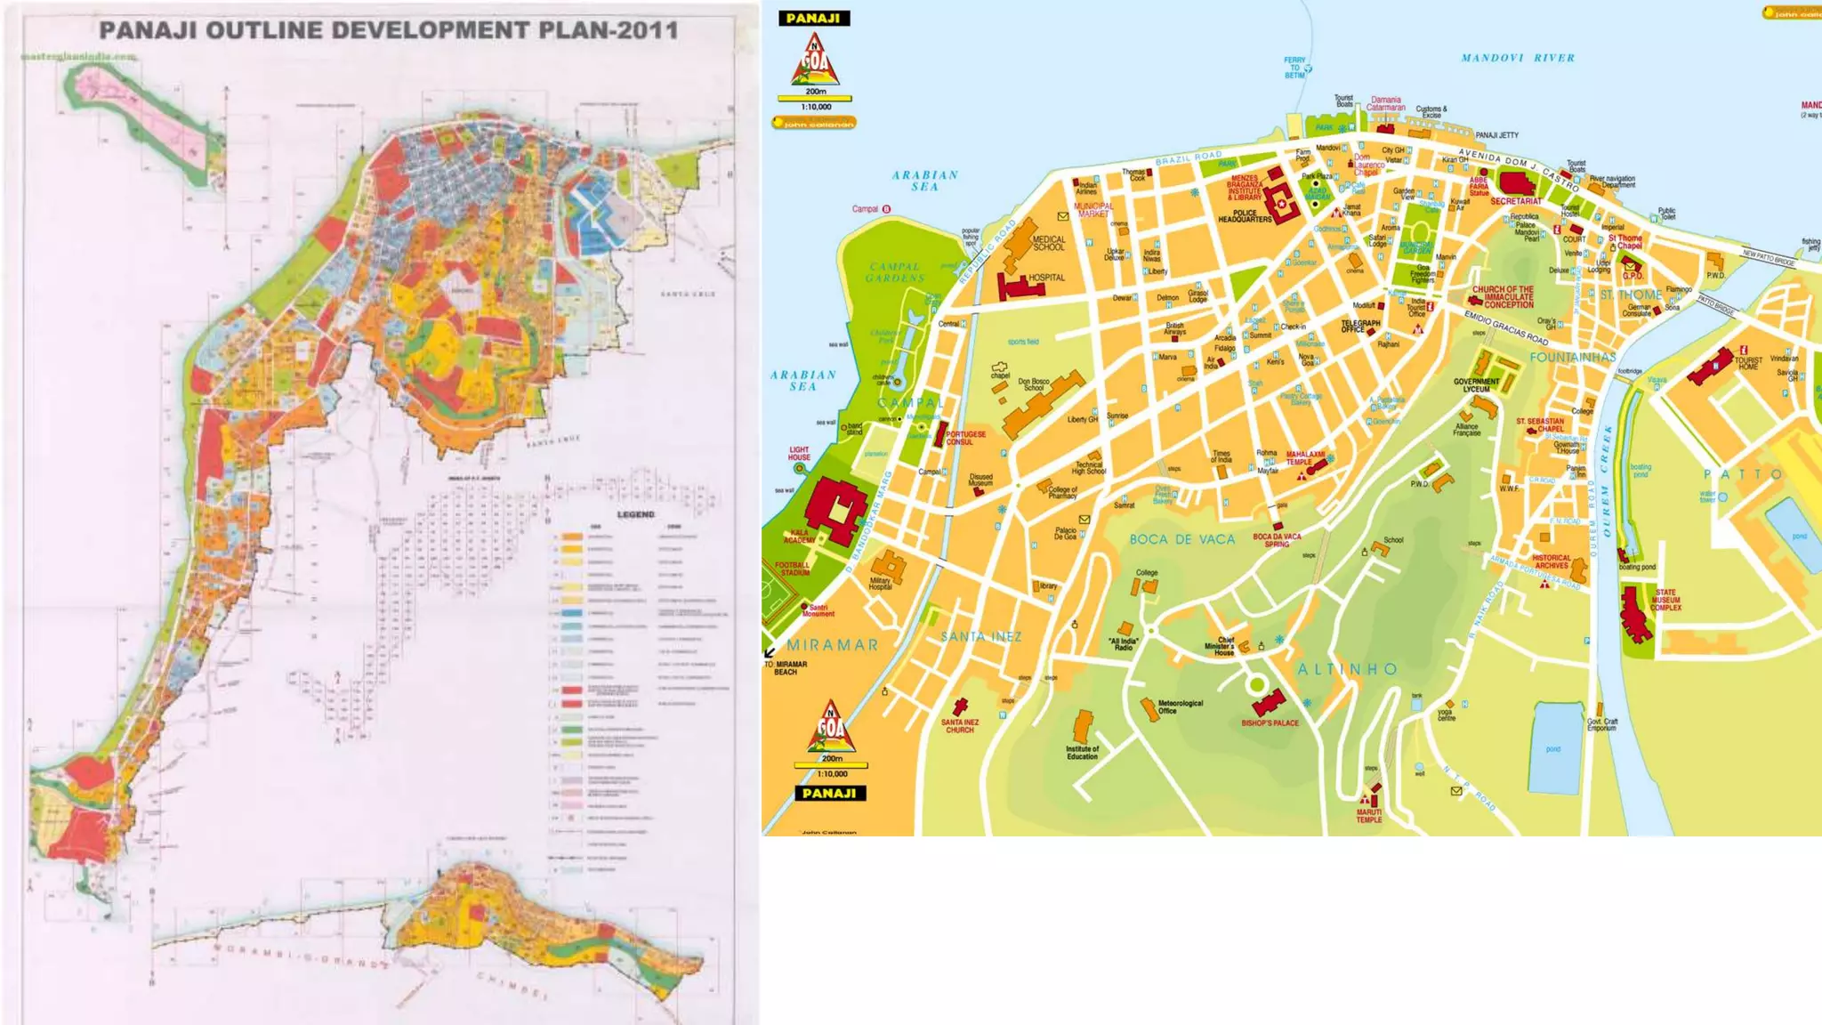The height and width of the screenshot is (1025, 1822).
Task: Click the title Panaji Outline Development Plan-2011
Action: pyautogui.click(x=389, y=30)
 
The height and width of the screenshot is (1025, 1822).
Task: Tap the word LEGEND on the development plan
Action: pyautogui.click(x=635, y=514)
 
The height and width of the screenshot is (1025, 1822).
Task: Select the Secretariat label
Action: pyautogui.click(x=1516, y=202)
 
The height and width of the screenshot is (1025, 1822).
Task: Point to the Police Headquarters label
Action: pyautogui.click(x=1245, y=216)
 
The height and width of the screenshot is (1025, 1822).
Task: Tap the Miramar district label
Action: pyautogui.click(x=832, y=645)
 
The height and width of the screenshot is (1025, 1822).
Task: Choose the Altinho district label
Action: pyautogui.click(x=1347, y=669)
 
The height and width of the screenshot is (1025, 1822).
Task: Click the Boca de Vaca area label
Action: pyautogui.click(x=1181, y=539)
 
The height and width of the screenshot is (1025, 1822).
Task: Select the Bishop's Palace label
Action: pyautogui.click(x=1270, y=722)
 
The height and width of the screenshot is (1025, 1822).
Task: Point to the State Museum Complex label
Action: pyautogui.click(x=1665, y=600)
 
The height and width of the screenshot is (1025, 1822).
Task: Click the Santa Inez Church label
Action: pyautogui.click(x=959, y=726)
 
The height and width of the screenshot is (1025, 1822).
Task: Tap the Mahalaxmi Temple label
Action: pyautogui.click(x=1304, y=458)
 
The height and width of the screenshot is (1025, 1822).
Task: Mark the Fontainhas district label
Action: pyautogui.click(x=1572, y=357)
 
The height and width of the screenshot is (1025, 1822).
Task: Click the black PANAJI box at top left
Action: pyautogui.click(x=813, y=18)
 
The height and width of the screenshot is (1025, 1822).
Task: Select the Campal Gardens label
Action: pyautogui.click(x=895, y=272)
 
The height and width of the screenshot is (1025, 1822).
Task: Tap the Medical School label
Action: pyautogui.click(x=1048, y=243)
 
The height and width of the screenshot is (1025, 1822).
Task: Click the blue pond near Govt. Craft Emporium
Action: pyautogui.click(x=1557, y=747)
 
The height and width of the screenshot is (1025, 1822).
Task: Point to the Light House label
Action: pyautogui.click(x=799, y=454)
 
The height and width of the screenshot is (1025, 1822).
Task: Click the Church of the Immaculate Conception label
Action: pyautogui.click(x=1503, y=296)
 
